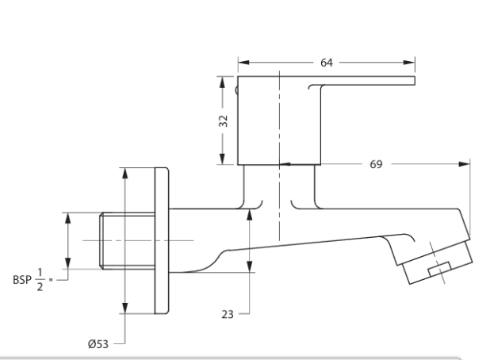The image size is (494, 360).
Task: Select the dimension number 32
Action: click(x=224, y=121)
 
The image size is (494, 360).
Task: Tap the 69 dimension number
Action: click(x=376, y=165)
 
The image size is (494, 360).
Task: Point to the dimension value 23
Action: click(x=228, y=314)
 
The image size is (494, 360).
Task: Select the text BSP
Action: click(x=22, y=279)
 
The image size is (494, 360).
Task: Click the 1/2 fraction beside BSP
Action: click(x=43, y=279)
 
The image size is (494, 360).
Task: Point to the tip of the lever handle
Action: click(x=411, y=81)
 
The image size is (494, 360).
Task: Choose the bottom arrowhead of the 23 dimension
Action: click(x=251, y=271)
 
